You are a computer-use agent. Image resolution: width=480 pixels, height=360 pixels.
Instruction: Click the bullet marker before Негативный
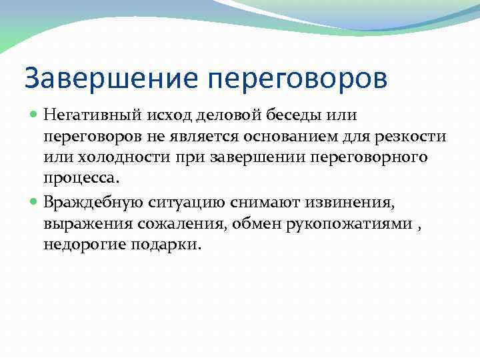pos(35,116)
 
